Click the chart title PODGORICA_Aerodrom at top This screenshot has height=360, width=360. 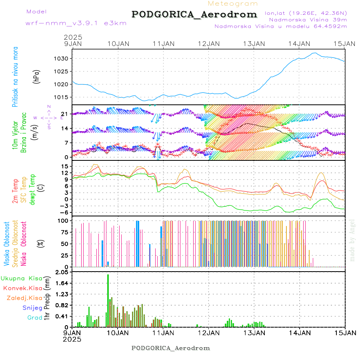(x=194, y=14)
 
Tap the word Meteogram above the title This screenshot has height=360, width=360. (x=233, y=4)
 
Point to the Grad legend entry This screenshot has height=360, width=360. (x=34, y=318)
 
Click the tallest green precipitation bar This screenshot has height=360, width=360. (x=108, y=300)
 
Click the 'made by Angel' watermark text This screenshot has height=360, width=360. (x=352, y=240)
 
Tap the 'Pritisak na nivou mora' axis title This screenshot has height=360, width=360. (x=15, y=78)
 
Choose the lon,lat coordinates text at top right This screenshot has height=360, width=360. (x=306, y=13)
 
